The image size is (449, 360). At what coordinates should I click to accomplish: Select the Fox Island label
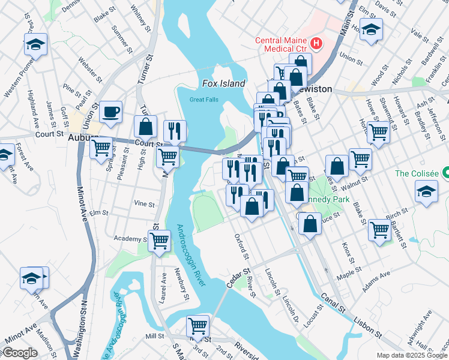coord(223,84)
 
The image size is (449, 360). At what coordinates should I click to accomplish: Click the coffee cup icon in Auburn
coord(110,112)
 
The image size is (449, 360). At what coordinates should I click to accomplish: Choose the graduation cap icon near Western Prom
coord(36,44)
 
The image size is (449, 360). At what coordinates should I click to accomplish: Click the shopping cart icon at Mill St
coord(197,326)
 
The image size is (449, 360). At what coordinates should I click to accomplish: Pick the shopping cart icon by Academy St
coord(159,241)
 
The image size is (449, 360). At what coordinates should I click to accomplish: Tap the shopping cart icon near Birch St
coord(380,229)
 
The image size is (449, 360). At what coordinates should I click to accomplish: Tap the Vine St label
coord(144,204)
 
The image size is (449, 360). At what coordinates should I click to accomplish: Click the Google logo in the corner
coord(19,353)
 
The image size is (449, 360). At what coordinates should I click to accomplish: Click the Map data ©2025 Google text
coord(411,355)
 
